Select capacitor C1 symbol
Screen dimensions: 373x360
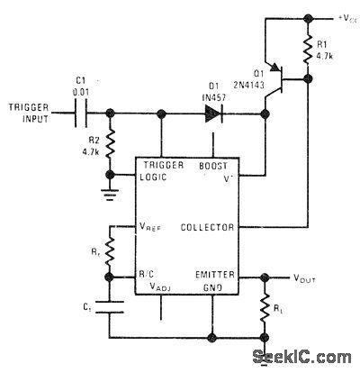pos(83,114)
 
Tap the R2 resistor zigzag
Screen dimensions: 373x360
pos(112,145)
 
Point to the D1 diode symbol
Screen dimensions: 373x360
pos(214,114)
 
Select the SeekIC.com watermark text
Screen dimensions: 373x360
pos(309,359)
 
